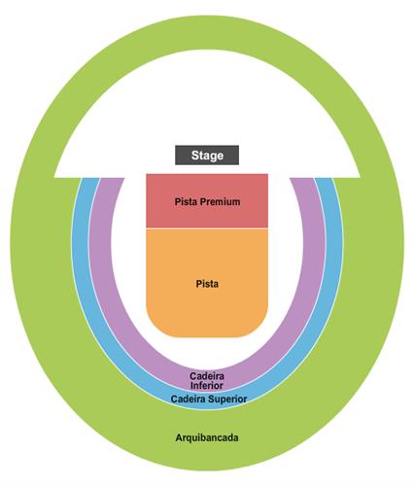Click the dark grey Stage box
click(x=207, y=156)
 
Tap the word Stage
click(x=207, y=156)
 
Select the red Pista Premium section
click(x=207, y=201)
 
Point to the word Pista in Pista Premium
click(x=187, y=202)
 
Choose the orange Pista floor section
click(x=207, y=283)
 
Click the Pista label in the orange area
click(x=207, y=284)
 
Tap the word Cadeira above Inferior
click(x=207, y=376)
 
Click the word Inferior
click(x=207, y=386)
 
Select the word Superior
click(x=228, y=399)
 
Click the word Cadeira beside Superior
click(x=189, y=399)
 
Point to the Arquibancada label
click(x=207, y=438)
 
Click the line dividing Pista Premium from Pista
click(x=207, y=228)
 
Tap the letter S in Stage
click(x=194, y=156)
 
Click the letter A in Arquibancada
click(x=179, y=437)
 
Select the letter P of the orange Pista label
click(x=198, y=284)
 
